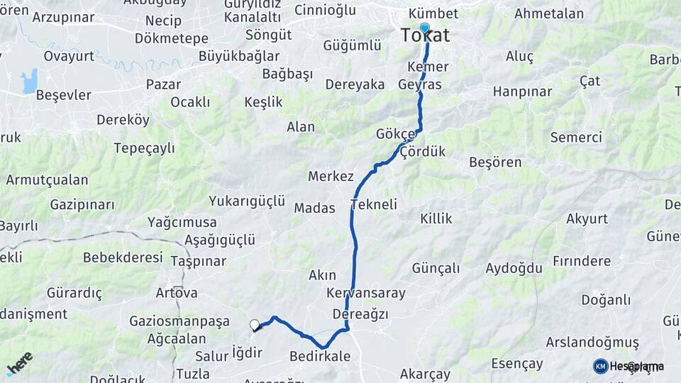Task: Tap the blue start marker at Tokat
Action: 425,28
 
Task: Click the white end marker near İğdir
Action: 255,325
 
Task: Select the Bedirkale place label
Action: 320,356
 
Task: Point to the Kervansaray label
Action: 366,293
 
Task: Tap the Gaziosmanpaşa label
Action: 179,321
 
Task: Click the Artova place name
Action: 177,292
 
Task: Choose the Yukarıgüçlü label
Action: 247,201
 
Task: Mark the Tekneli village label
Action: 373,204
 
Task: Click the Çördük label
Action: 422,151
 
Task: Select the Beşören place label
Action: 495,162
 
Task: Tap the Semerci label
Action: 576,137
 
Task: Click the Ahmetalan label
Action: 549,13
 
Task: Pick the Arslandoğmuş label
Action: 592,342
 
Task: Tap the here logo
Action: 19,363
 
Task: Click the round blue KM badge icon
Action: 601,366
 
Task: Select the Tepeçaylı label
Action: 145,148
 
